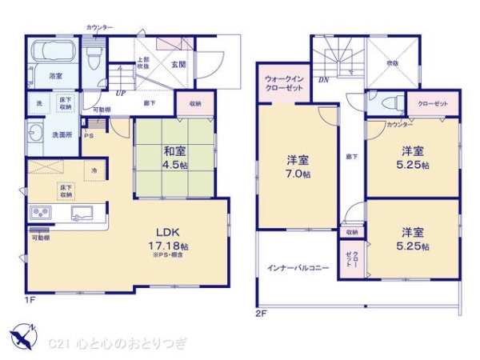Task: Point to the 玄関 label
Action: (178, 65)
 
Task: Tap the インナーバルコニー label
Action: (298, 267)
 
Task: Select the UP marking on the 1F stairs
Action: (120, 92)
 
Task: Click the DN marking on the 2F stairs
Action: (323, 80)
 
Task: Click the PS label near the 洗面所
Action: (89, 135)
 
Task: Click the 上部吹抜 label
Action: (143, 63)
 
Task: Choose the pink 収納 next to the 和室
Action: (196, 103)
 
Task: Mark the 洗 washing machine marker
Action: (38, 105)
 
